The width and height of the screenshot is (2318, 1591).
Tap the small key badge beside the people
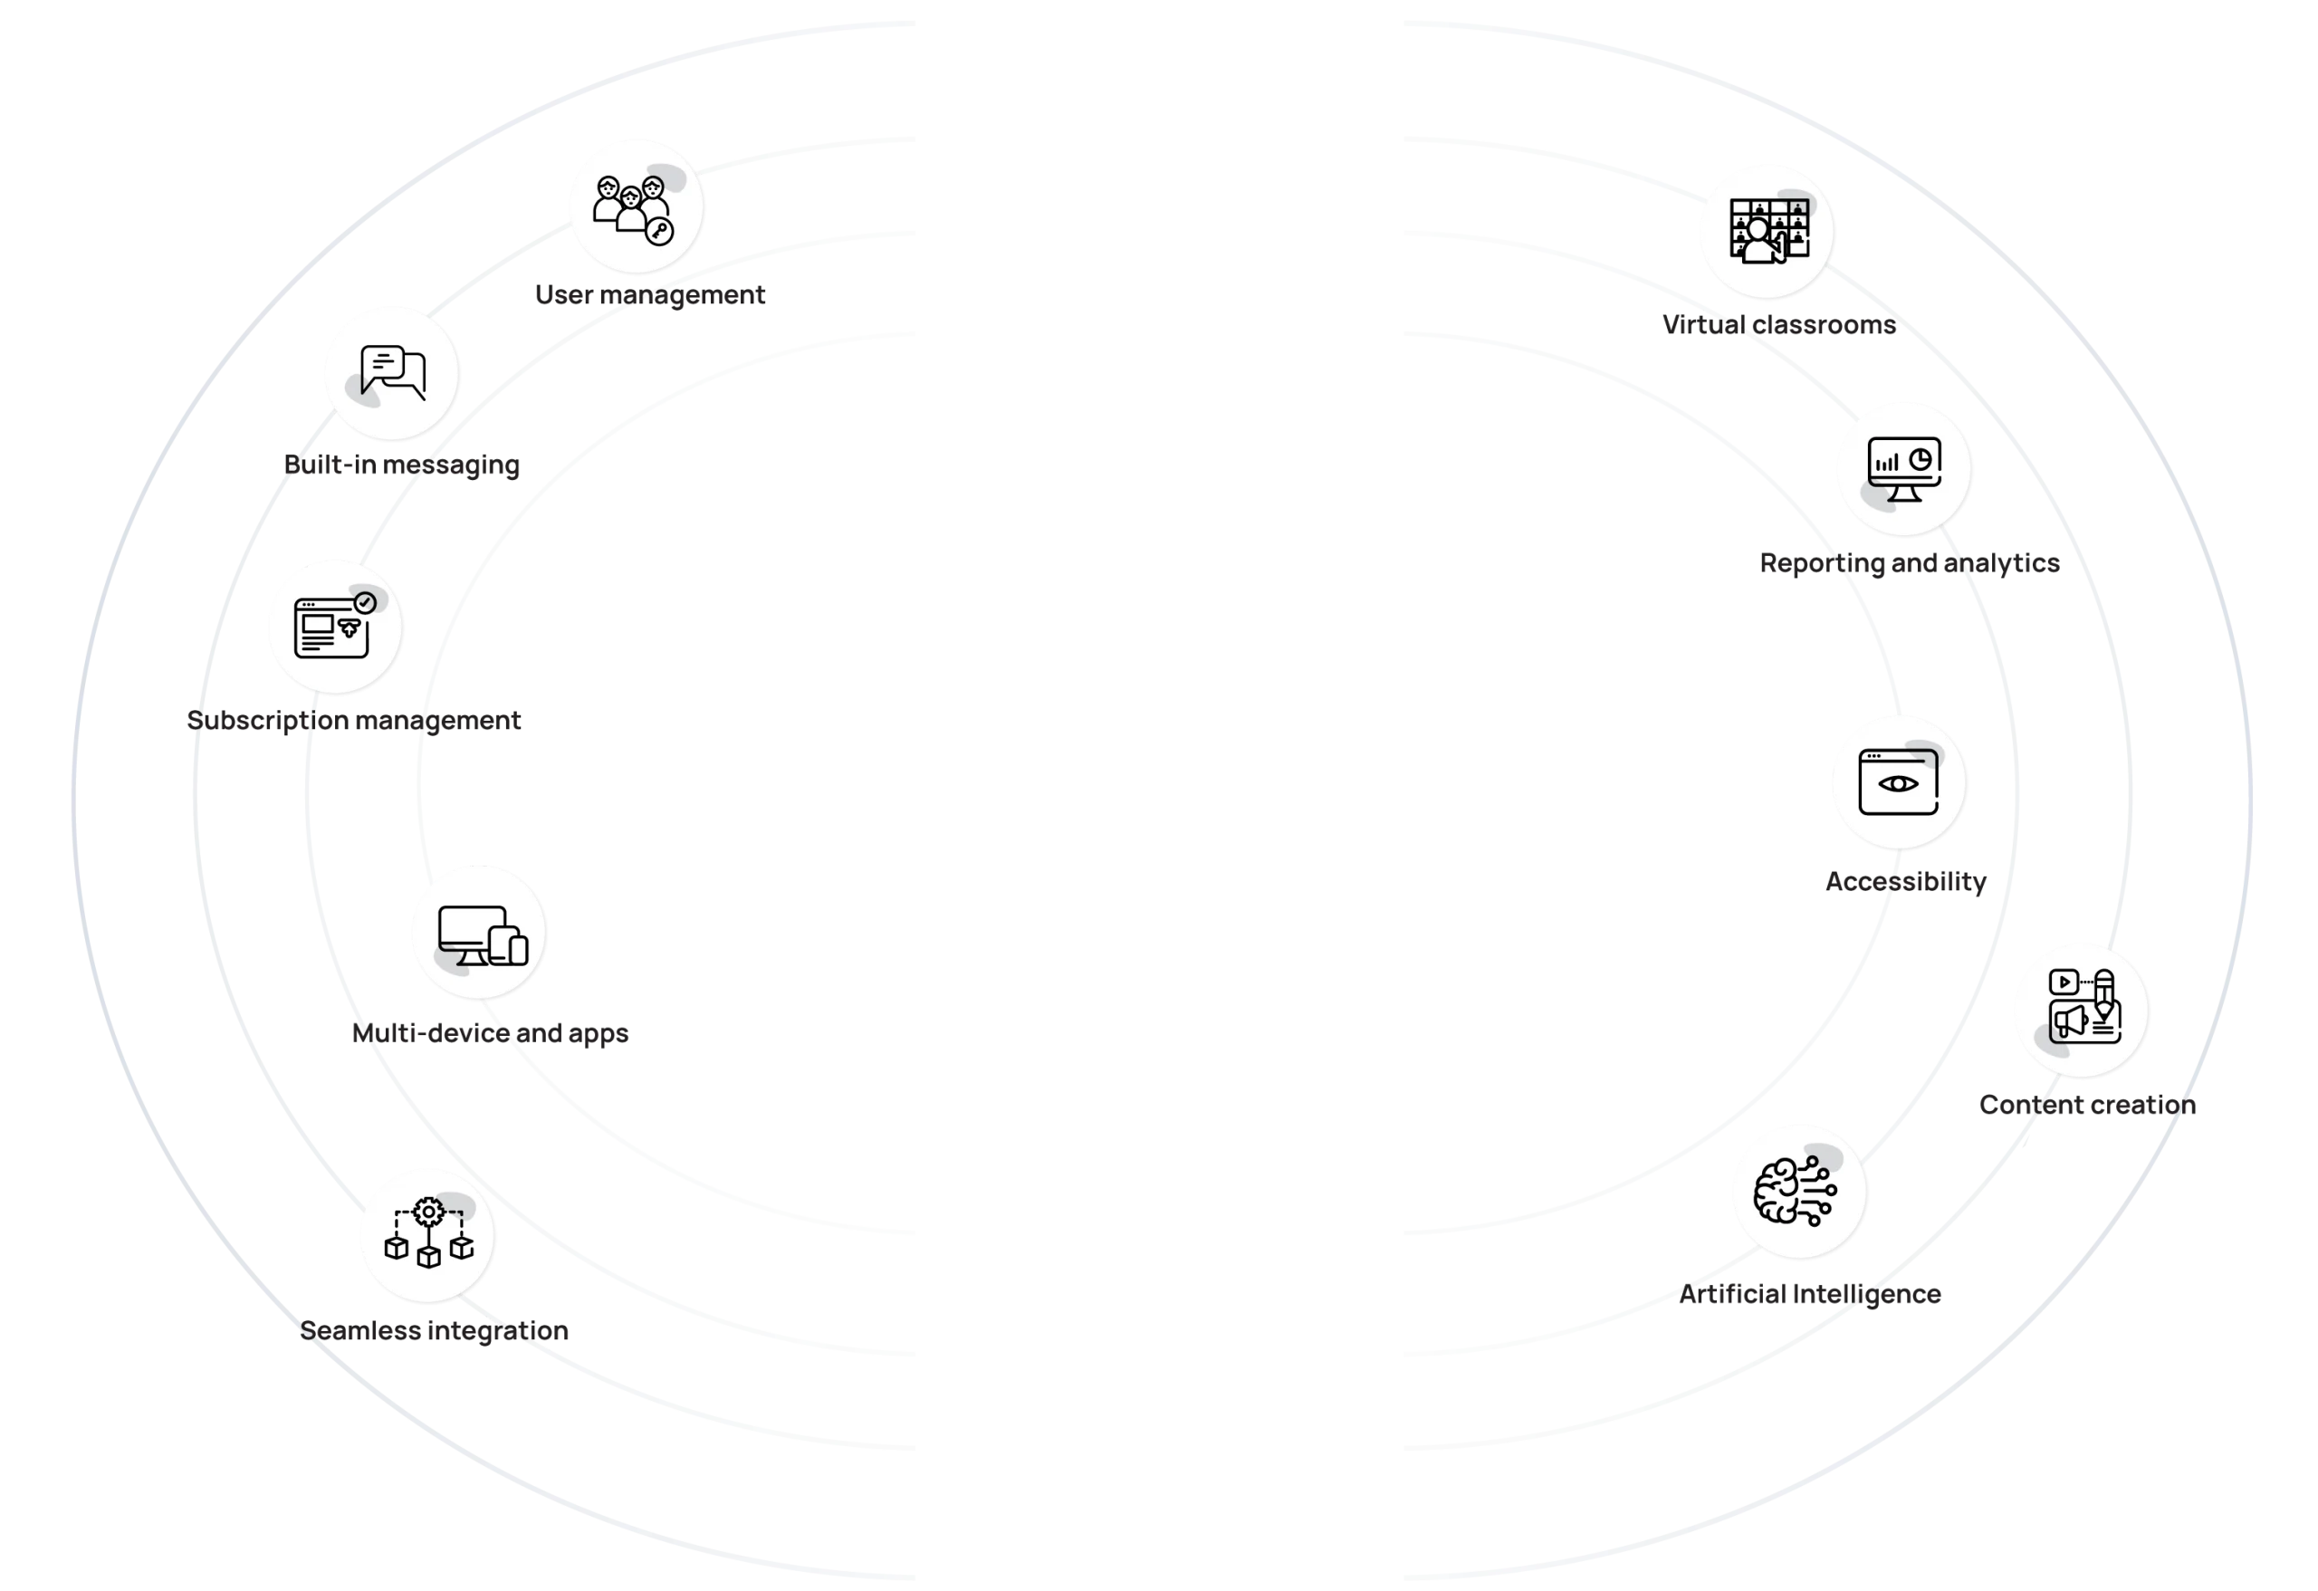[659, 233]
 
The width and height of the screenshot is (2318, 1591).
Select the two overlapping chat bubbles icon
[393, 372]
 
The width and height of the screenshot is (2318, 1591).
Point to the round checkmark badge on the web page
[365, 602]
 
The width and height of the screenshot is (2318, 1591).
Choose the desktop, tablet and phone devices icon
[481, 934]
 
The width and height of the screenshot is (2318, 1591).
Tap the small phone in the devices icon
[518, 950]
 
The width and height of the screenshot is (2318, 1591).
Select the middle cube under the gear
[429, 1256]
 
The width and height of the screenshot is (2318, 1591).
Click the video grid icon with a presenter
[1767, 230]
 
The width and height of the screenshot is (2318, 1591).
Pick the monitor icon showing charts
[1903, 468]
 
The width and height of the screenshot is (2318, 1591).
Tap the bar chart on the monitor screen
[1886, 463]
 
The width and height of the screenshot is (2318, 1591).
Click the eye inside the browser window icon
[1897, 784]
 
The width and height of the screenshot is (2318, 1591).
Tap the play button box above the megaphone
[2064, 982]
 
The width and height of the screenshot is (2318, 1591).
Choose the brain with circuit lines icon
[1797, 1190]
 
